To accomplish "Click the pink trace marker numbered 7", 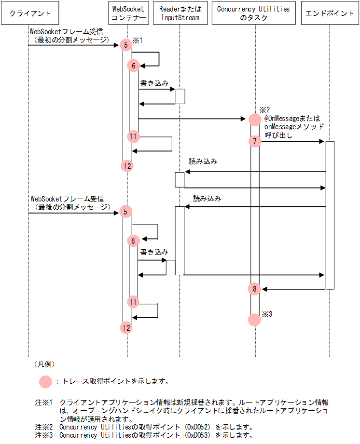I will tap(255, 141).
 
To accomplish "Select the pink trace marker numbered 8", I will tap(255, 289).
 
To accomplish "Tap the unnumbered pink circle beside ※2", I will tap(255, 119).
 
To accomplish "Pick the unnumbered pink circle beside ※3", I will tap(255, 319).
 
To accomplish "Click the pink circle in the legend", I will tap(45, 382).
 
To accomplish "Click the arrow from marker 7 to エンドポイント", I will tap(292, 141).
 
